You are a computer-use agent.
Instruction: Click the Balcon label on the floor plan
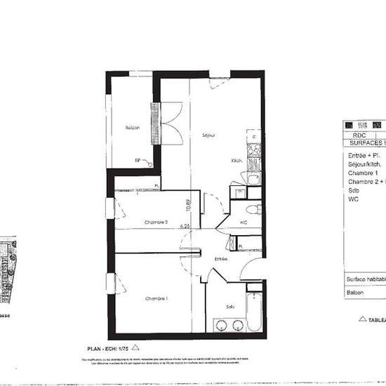click(132, 127)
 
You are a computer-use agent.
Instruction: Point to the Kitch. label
click(237, 161)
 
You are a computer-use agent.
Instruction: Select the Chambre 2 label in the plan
click(156, 222)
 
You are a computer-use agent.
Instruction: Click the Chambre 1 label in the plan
click(156, 299)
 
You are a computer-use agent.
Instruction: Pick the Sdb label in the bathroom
click(230, 307)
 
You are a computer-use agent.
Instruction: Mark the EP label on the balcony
click(138, 161)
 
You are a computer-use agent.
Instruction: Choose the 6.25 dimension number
click(185, 227)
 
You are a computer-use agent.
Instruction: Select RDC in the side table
click(359, 135)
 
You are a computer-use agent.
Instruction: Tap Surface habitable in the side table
click(366, 279)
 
